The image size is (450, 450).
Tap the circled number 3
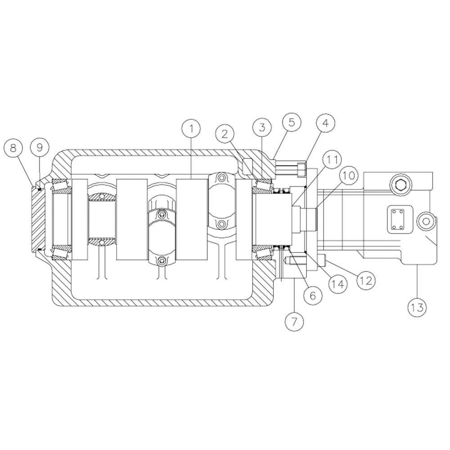[262, 127]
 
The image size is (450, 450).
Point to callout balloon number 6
[313, 295]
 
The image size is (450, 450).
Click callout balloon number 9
[40, 148]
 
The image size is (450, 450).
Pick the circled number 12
[365, 281]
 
